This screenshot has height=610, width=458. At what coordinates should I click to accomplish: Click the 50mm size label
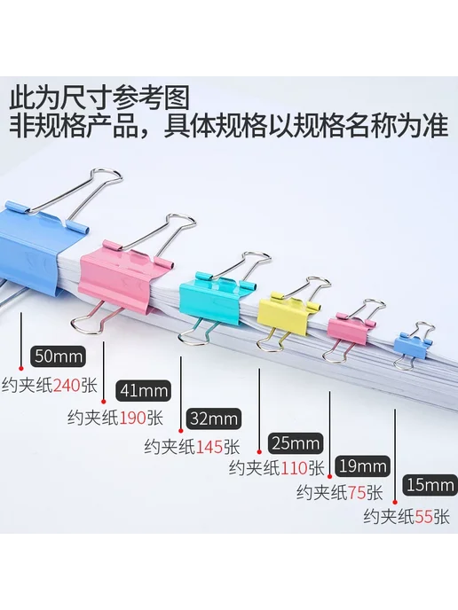[x=58, y=356]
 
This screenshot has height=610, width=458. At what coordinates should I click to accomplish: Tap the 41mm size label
[x=144, y=390]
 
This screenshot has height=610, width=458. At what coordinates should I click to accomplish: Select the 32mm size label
[x=213, y=418]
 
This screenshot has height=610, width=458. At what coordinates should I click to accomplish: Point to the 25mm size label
[x=296, y=443]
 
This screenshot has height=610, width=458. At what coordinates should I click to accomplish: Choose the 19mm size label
[x=362, y=466]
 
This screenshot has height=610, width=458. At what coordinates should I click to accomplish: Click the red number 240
[x=67, y=386]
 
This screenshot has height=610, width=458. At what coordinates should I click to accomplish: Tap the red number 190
[x=133, y=418]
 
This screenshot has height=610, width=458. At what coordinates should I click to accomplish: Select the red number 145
[x=209, y=447]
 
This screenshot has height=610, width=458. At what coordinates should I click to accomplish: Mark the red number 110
[x=295, y=468]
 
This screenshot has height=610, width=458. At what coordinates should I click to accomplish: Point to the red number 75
[x=357, y=493]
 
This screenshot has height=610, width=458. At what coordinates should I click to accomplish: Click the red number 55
[x=424, y=518]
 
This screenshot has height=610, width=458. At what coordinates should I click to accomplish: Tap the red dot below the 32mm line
[x=181, y=430]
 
